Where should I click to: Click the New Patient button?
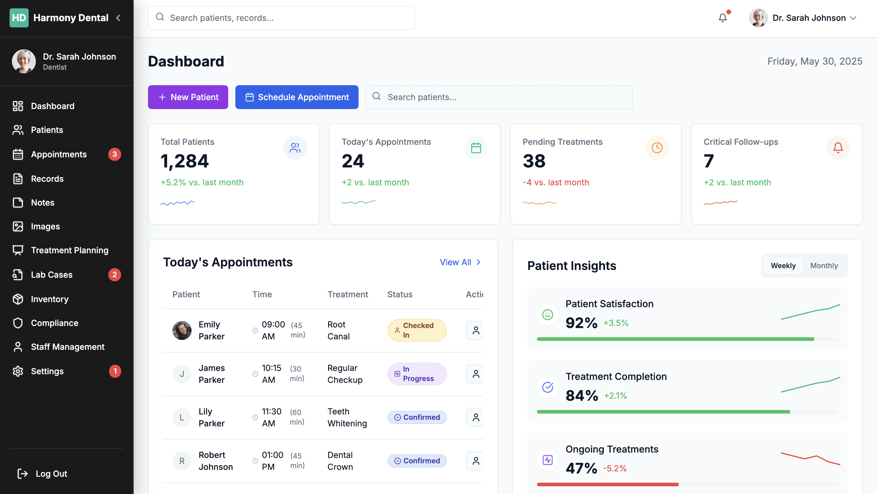click(188, 97)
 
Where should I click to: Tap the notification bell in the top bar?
click(722, 18)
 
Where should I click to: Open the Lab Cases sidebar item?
click(52, 274)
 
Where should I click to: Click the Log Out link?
click(42, 474)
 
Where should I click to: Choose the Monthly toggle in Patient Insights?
click(824, 265)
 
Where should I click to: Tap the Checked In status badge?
click(417, 330)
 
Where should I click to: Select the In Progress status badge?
click(417, 374)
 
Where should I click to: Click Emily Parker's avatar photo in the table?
click(182, 330)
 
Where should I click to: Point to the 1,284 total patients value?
click(185, 161)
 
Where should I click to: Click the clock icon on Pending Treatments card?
click(657, 147)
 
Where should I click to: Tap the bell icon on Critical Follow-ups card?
click(838, 147)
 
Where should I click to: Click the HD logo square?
click(19, 18)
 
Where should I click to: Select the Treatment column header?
click(348, 294)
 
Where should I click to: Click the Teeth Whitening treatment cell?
click(347, 417)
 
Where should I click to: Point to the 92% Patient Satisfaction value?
click(581, 323)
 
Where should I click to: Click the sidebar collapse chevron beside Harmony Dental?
click(118, 18)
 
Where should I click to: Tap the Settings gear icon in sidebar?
click(18, 371)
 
